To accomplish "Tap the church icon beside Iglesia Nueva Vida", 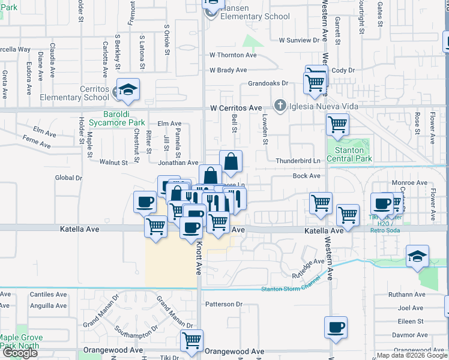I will pos(279,106).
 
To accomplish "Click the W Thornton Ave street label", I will pos(233,55).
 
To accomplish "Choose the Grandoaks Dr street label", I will pos(268,83).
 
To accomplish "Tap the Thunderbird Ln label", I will pos(298,161).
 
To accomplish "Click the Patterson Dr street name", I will pos(223,304).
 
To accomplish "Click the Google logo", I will pos(20,353).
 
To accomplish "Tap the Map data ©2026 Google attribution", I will pos(411,355).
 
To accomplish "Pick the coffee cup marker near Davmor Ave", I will pos(336,328).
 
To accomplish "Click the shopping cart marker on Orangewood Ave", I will pos(192,341).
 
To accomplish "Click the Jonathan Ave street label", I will pos(178,163).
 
